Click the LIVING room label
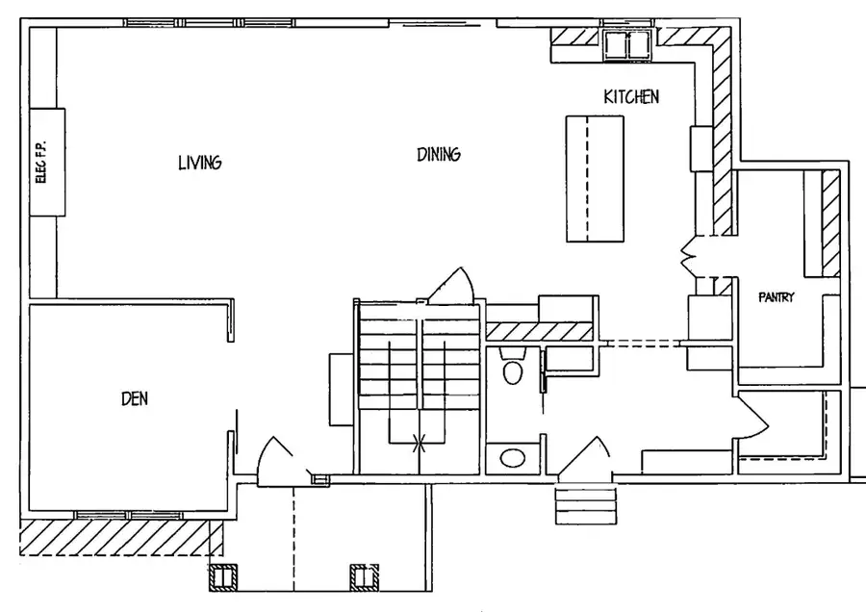click(x=200, y=162)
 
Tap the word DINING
click(x=438, y=154)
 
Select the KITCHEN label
click(x=631, y=96)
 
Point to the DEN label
click(x=135, y=397)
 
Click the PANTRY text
click(x=776, y=298)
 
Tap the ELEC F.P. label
click(x=40, y=161)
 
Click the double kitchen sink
click(x=626, y=43)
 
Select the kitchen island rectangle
click(x=594, y=179)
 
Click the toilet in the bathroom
click(x=512, y=370)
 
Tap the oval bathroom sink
click(x=512, y=458)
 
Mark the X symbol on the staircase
click(x=420, y=443)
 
